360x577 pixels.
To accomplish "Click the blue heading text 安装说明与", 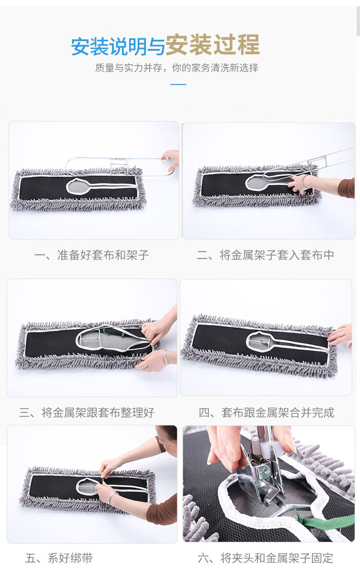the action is point(118,47).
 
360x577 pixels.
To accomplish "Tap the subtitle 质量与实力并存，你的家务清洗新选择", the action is point(177,68).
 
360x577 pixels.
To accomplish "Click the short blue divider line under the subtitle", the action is point(178,84).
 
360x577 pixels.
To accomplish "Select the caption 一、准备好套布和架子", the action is point(91,255).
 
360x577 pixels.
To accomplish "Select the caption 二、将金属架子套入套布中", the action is point(265,255).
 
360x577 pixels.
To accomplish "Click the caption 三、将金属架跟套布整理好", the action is point(87,412).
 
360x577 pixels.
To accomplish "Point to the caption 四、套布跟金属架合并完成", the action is point(266,412).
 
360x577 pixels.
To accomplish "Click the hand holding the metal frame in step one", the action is point(171,160).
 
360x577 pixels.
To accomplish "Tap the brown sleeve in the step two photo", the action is point(347,188).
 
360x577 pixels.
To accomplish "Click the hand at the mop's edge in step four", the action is point(340,335).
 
